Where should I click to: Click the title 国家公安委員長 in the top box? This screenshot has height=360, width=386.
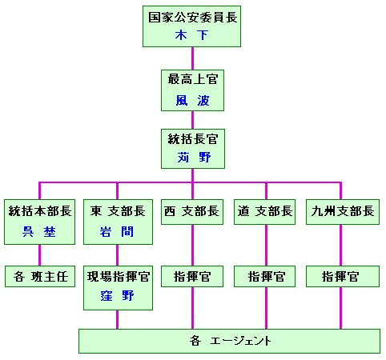[x=193, y=18]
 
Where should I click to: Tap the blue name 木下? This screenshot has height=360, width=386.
[x=191, y=35]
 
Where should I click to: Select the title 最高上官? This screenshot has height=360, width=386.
[x=193, y=79]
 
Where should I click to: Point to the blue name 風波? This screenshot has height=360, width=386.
[x=192, y=101]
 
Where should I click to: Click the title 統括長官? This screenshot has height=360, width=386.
[x=193, y=139]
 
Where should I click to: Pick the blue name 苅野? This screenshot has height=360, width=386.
[x=194, y=157]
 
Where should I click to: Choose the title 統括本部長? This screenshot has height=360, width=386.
[x=40, y=210]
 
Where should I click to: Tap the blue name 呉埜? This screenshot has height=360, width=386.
[x=39, y=231]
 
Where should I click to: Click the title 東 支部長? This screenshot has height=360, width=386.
[x=118, y=210]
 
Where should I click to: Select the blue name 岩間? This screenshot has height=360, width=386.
[x=116, y=231]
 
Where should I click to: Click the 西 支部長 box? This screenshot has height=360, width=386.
[x=192, y=212]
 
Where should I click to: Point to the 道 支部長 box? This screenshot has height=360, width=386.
[x=265, y=212]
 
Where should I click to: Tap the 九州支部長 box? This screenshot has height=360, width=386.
[x=343, y=212]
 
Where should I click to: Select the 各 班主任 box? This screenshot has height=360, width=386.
[x=40, y=276]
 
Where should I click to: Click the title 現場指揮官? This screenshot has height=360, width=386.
[x=119, y=276]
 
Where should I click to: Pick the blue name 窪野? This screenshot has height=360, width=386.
[x=117, y=295]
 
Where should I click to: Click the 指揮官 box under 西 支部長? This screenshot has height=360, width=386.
[x=192, y=276]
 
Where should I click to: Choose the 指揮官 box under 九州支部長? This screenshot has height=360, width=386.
[x=343, y=276]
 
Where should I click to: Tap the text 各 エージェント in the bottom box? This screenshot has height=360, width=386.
[x=230, y=341]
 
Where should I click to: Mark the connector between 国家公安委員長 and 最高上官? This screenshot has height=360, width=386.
[x=192, y=58]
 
